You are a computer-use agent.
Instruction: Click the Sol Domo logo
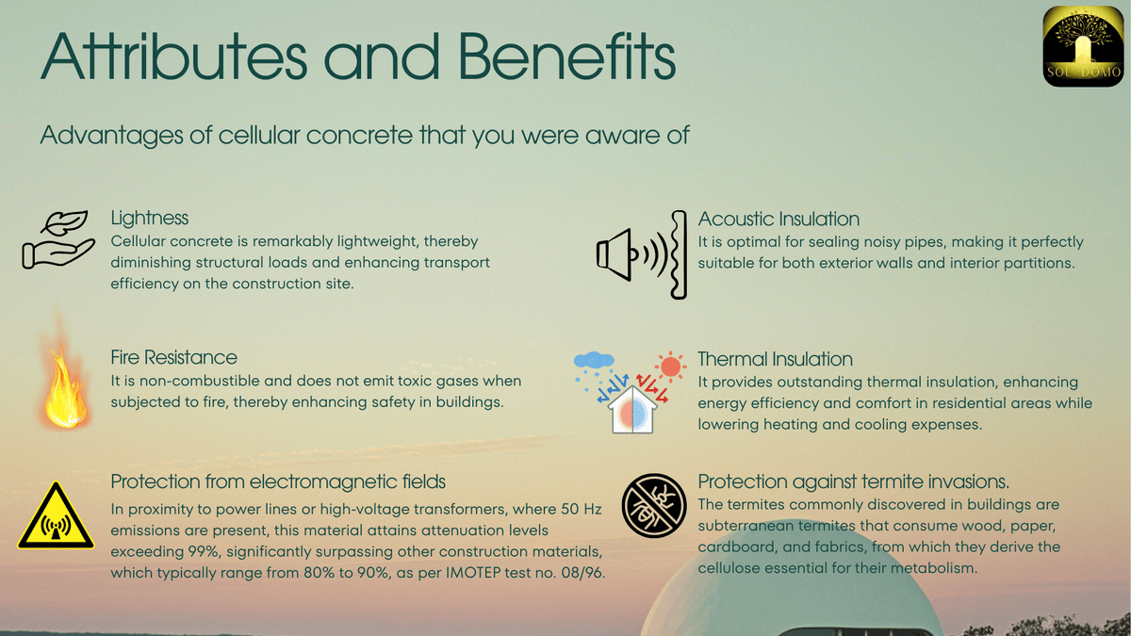(x=1083, y=46)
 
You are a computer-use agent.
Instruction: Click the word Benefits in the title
(x=566, y=57)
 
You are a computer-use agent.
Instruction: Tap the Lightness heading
(x=150, y=218)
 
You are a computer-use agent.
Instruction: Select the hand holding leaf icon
(x=58, y=239)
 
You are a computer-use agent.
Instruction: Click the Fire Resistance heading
(x=173, y=357)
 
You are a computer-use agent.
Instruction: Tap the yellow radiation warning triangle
(x=56, y=515)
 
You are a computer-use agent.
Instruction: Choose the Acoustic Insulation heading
(x=779, y=219)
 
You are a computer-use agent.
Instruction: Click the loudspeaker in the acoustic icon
(x=614, y=254)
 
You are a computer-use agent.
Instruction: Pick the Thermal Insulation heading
(x=775, y=359)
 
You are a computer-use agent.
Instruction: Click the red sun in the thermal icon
(x=670, y=367)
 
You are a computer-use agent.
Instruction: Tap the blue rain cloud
(x=594, y=360)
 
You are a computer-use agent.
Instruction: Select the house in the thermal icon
(x=632, y=411)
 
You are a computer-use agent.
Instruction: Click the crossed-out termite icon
(x=654, y=505)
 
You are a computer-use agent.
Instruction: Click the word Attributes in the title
(x=173, y=57)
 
